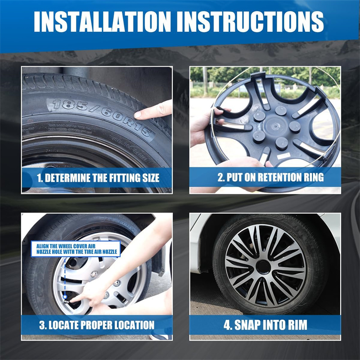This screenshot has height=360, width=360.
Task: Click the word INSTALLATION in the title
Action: pos(103,21)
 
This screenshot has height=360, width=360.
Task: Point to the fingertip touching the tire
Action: pos(138,115)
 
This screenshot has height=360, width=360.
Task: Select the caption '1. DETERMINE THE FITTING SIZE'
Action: pos(98,178)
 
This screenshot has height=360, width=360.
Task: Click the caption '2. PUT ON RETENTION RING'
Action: pos(270,177)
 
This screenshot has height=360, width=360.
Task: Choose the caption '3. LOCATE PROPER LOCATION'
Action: pos(97,325)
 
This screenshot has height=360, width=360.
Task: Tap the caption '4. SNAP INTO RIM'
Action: pos(265,325)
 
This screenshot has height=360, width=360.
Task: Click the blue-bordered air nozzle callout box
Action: pos(76,249)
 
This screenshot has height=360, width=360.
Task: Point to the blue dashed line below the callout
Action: pos(65,277)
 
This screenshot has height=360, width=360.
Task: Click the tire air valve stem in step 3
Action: pos(67,301)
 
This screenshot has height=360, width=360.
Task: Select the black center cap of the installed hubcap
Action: pos(263,266)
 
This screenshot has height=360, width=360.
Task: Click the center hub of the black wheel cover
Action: pos(274,126)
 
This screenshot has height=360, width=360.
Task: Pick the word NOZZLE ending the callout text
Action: pos(109,252)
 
